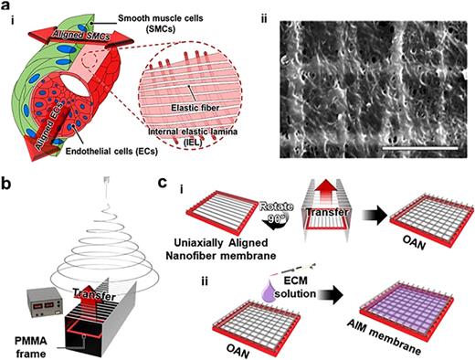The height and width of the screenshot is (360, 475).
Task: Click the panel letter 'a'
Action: pos(7,8)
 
